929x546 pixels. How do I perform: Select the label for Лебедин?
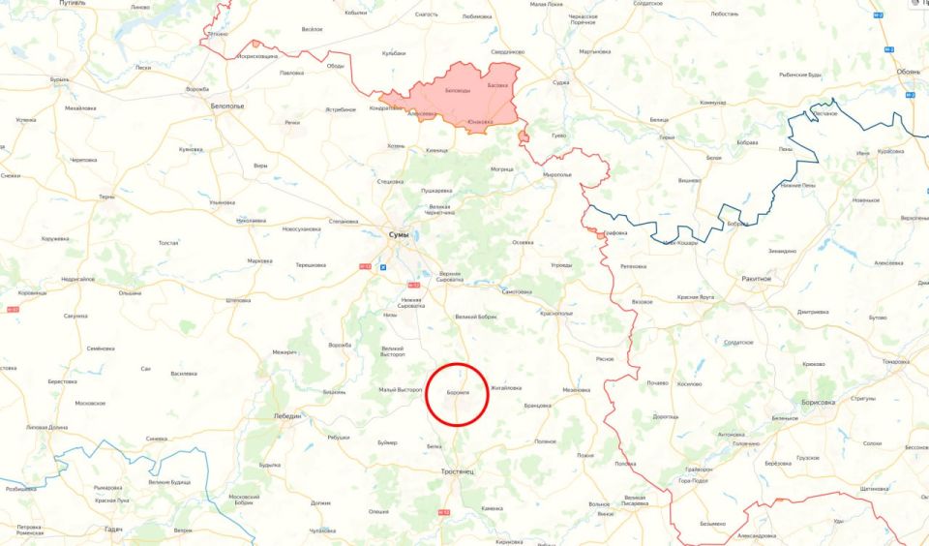286,416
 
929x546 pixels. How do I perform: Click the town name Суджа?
560,83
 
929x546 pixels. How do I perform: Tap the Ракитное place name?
757,278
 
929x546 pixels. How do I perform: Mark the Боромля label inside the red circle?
459,392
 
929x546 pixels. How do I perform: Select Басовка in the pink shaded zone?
496,84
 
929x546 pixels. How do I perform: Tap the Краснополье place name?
556,314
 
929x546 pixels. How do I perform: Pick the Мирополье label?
557,174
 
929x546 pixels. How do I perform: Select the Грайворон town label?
698,470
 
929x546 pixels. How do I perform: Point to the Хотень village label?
395,145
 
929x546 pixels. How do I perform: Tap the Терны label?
106,197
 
